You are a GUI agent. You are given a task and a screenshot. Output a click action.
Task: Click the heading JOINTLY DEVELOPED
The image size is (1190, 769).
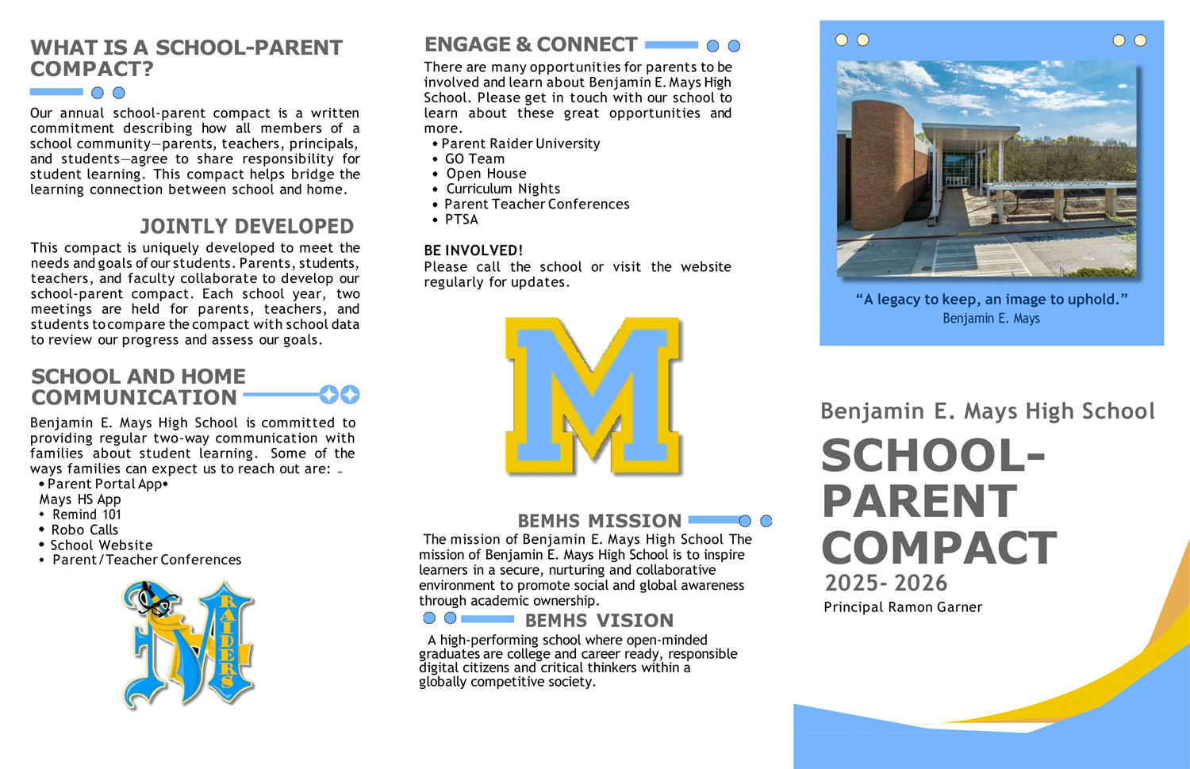pos(247,227)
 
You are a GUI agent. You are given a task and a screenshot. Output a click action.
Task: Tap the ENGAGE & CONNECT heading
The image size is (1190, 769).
pos(531,45)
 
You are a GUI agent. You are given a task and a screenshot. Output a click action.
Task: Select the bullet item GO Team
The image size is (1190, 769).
pos(474,159)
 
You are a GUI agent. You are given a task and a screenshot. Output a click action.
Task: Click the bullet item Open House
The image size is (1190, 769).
pos(486,174)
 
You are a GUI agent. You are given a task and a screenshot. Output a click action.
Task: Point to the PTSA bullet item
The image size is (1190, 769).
pos(461,220)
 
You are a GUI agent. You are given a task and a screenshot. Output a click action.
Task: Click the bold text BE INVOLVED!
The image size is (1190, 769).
pos(473,251)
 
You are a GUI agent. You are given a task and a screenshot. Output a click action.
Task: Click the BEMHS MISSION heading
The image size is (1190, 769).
pos(599,521)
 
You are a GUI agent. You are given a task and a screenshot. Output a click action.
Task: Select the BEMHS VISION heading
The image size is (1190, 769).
pos(599,621)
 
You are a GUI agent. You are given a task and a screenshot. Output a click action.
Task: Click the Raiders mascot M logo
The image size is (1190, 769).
pos(189,644)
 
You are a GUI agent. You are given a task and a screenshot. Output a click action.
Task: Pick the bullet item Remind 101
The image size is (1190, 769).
pos(86,515)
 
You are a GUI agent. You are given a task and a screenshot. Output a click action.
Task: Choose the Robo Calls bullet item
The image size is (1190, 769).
pos(84,530)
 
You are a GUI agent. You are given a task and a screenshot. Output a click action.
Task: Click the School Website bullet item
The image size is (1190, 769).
pos(102,545)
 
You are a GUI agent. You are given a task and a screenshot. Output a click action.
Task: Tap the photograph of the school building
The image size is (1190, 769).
pos(986,169)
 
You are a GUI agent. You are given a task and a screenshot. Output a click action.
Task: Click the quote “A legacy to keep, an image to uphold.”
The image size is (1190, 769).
pos(992,300)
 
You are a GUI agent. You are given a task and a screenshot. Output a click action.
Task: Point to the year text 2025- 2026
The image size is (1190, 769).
pos(885,583)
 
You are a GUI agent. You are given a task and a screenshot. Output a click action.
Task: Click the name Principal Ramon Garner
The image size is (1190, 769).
pos(903,607)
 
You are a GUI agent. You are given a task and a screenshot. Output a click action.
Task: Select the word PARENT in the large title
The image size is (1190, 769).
pos(919,501)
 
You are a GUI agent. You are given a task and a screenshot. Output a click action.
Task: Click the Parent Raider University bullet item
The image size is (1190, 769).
pos(520,143)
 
